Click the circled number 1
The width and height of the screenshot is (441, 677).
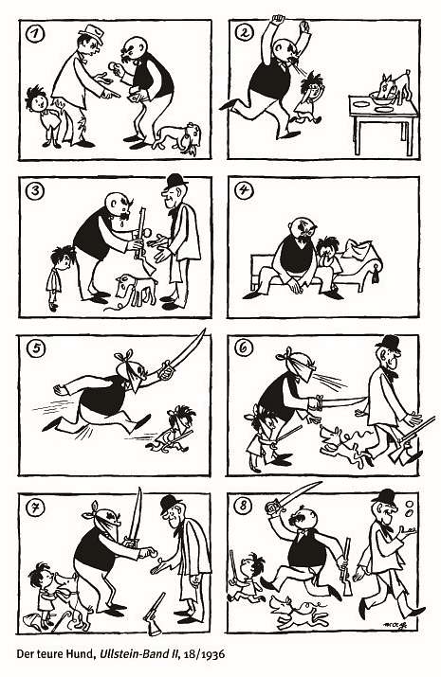(35, 34)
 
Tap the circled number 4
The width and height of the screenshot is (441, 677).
(244, 190)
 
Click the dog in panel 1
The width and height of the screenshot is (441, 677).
(177, 136)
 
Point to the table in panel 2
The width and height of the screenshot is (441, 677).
(383, 122)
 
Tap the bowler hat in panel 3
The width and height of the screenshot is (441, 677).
(175, 182)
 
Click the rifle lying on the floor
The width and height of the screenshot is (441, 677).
(155, 614)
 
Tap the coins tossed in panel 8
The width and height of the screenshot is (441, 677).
(409, 508)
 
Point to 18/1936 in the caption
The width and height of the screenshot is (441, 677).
(204, 654)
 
